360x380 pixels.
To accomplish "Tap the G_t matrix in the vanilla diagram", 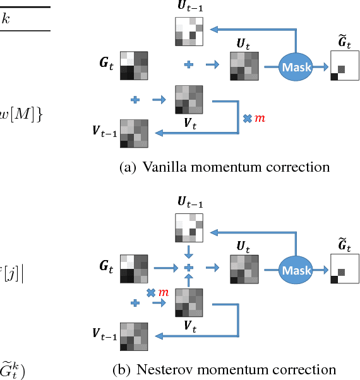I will coord(134,65).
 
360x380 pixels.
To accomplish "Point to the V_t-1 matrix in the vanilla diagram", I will coord(134,133).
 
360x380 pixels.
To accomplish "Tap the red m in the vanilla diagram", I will coord(259,119).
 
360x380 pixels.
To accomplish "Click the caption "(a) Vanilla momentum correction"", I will coord(224,167).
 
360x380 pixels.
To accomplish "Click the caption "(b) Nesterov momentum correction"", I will coord(224,369).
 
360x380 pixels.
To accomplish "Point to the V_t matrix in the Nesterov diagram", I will coord(188,302).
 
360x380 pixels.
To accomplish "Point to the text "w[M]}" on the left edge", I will coord(22,114).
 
